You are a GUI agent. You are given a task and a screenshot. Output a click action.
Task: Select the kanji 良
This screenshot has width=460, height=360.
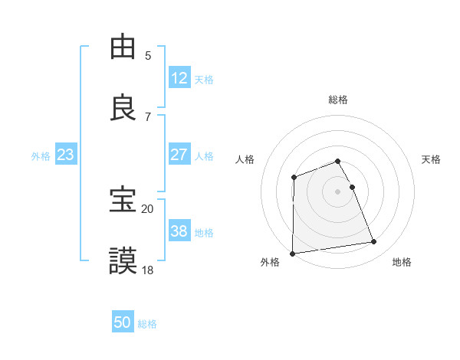pos(123,106)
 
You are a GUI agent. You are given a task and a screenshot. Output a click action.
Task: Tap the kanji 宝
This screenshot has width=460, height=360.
pos(123,200)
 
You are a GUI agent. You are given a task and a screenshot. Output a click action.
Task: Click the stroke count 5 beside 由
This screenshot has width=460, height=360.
pos(148,56)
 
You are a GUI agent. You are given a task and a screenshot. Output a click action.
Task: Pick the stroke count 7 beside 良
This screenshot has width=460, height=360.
pos(148,116)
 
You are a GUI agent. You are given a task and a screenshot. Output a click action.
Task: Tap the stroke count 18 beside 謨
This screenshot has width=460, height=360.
pos(148,270)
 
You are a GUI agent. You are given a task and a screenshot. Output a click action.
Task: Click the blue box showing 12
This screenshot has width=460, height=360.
pos(179,77)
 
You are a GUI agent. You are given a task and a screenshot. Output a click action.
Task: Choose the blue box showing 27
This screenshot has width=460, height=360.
pos(179,155)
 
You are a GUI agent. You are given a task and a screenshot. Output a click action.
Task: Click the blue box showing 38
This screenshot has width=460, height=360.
pos(179,231)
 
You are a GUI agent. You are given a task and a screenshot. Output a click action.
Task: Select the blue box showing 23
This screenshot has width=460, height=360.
pos(66,155)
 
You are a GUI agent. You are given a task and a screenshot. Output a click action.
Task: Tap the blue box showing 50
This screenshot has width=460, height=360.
pos(123,322)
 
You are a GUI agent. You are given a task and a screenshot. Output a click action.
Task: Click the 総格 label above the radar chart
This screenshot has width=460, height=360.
pos(338,100)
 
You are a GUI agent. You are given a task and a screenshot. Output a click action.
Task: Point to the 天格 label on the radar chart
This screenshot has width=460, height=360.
pos(432,159)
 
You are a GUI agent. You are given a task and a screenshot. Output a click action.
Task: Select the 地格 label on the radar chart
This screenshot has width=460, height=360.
pos(402,263)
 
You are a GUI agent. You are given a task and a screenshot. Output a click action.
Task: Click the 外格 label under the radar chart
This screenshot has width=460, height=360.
pos(270,263)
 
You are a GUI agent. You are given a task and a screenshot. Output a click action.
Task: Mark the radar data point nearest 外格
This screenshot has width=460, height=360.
pos(292,253)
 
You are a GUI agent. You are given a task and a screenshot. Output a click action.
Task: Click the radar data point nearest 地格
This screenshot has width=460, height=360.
pos(374,242)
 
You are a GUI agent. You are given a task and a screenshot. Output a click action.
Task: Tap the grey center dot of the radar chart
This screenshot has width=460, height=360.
pos(338,191)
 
